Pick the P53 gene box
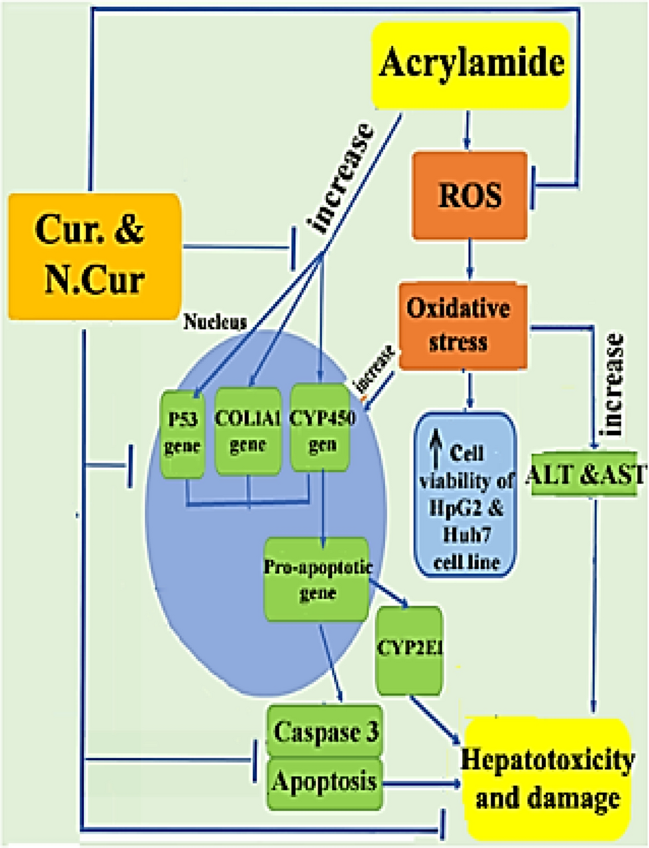181,433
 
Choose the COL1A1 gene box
248,433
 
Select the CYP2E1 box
409,649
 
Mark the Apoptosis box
323,782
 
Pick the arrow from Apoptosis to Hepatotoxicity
422,783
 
